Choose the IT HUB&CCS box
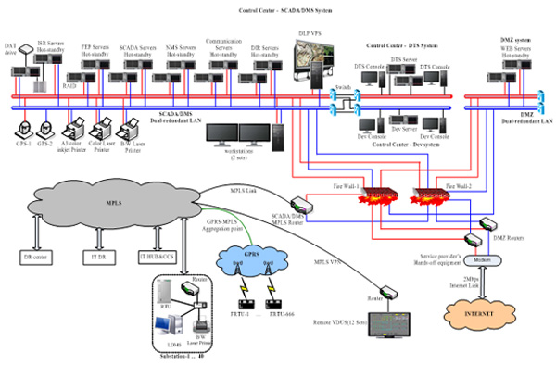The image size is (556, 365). click(156, 256)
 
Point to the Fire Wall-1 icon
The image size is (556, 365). click(377, 197)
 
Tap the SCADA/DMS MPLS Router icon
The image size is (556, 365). click(302, 206)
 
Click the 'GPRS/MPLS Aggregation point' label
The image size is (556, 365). click(221, 227)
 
